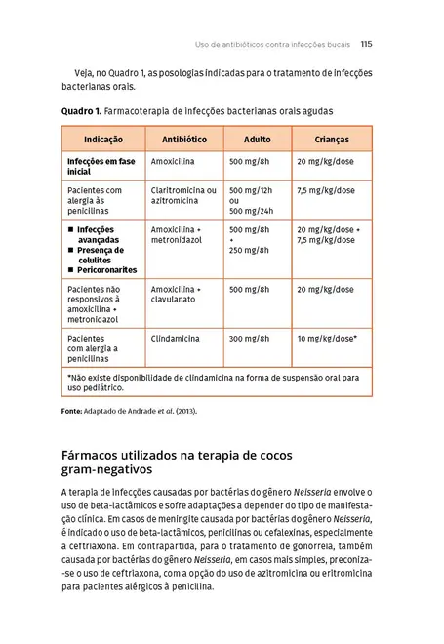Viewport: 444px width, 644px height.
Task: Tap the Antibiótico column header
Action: pos(183,139)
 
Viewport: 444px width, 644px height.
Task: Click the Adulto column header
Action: pos(257,139)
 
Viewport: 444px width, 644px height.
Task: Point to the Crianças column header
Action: pos(332,139)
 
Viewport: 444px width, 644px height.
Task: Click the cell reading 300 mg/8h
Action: pos(249,338)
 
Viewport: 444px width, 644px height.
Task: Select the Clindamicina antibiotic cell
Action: pos(176,338)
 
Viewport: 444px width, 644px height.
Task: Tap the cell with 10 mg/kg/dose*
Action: pos(327,338)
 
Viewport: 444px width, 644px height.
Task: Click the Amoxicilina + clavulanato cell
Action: pos(176,296)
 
